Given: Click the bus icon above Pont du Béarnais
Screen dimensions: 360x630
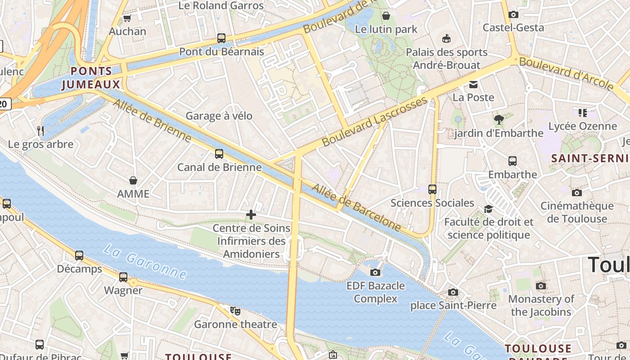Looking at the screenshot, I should [221, 38].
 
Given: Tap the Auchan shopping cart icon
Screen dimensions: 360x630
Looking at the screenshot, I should [127, 18].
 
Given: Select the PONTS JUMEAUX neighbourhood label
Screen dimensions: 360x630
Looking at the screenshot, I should [91, 78].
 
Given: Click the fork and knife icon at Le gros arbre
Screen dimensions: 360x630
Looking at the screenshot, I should [40, 131].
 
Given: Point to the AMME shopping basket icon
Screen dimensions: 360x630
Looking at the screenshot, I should [133, 180].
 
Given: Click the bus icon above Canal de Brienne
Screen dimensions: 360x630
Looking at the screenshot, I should [219, 154].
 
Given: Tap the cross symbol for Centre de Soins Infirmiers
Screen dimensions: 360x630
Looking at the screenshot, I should [251, 215].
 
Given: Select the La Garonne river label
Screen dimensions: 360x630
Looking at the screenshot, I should [144, 261].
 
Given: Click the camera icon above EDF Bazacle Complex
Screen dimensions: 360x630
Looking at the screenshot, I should [375, 272].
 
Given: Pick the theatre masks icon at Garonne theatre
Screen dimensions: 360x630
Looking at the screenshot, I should [235, 310].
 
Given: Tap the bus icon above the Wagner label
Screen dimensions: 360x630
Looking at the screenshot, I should [123, 277].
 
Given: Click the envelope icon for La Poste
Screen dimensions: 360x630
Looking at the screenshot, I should [473, 84].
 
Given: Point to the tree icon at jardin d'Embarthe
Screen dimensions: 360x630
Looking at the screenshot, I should [498, 120].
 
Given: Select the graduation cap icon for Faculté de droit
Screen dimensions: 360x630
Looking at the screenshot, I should [488, 209].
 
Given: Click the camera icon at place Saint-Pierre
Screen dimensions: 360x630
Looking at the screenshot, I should [453, 292].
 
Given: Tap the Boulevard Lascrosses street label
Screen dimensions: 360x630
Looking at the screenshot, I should [374, 121].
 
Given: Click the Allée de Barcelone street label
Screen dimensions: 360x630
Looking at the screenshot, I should [356, 207].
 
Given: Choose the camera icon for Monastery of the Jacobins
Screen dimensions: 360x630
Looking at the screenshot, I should [541, 286].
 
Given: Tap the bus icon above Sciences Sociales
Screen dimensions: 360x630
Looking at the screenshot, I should [432, 189].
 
